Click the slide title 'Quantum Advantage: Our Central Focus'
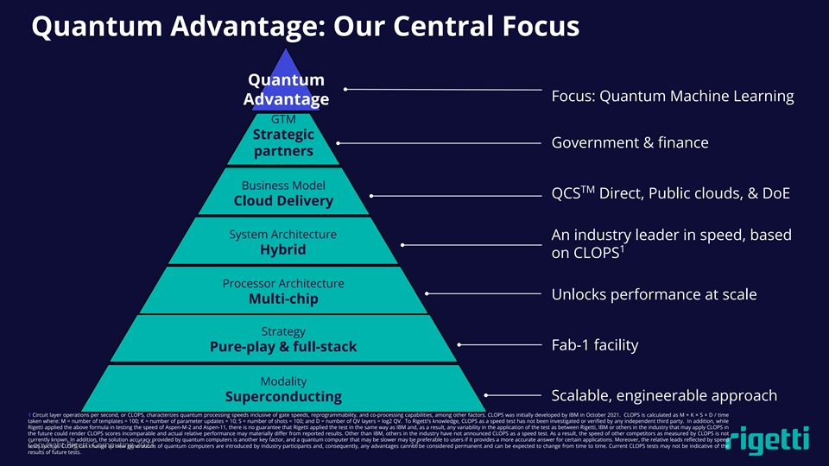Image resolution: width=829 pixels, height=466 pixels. pos(305,27)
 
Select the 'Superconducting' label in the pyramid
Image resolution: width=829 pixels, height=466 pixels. pos(283,396)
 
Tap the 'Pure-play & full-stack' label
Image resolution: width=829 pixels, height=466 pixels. pos(283,347)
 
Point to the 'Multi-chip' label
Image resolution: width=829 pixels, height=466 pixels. pos(283,299)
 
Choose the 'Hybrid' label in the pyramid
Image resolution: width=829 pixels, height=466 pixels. pos(283,249)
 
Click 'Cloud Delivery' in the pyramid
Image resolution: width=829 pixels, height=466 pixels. pos(283,201)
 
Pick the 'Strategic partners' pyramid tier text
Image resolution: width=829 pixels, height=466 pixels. pos(283,143)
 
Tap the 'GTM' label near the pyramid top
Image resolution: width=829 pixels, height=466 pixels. pos(283,118)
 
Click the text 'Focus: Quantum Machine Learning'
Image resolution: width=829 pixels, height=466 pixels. pos(672,95)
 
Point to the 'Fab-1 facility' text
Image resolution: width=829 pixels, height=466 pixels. pos(594,345)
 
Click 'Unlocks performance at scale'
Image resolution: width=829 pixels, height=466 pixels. pos(654,294)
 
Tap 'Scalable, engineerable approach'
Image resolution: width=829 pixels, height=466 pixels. pos(664,395)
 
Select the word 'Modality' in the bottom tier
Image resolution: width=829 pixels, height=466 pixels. pos(283,381)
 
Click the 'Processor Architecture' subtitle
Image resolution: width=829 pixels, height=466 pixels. pos(283,283)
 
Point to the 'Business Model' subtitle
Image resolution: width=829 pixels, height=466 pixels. pos(283,185)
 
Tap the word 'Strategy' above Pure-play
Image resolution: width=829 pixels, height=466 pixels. pos(283,331)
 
